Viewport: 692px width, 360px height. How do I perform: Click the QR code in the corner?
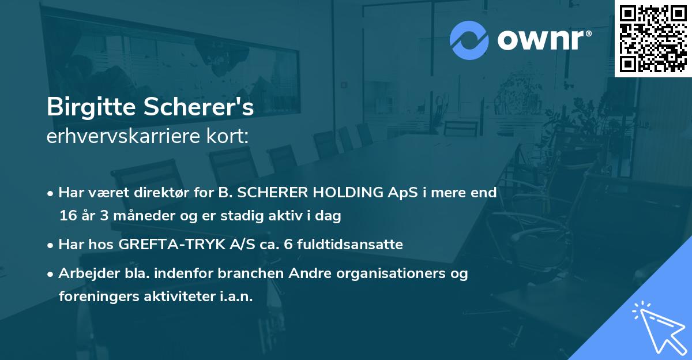(653, 39)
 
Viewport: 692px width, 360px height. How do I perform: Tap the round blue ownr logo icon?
(469, 40)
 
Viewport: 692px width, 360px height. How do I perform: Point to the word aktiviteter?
(174, 297)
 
